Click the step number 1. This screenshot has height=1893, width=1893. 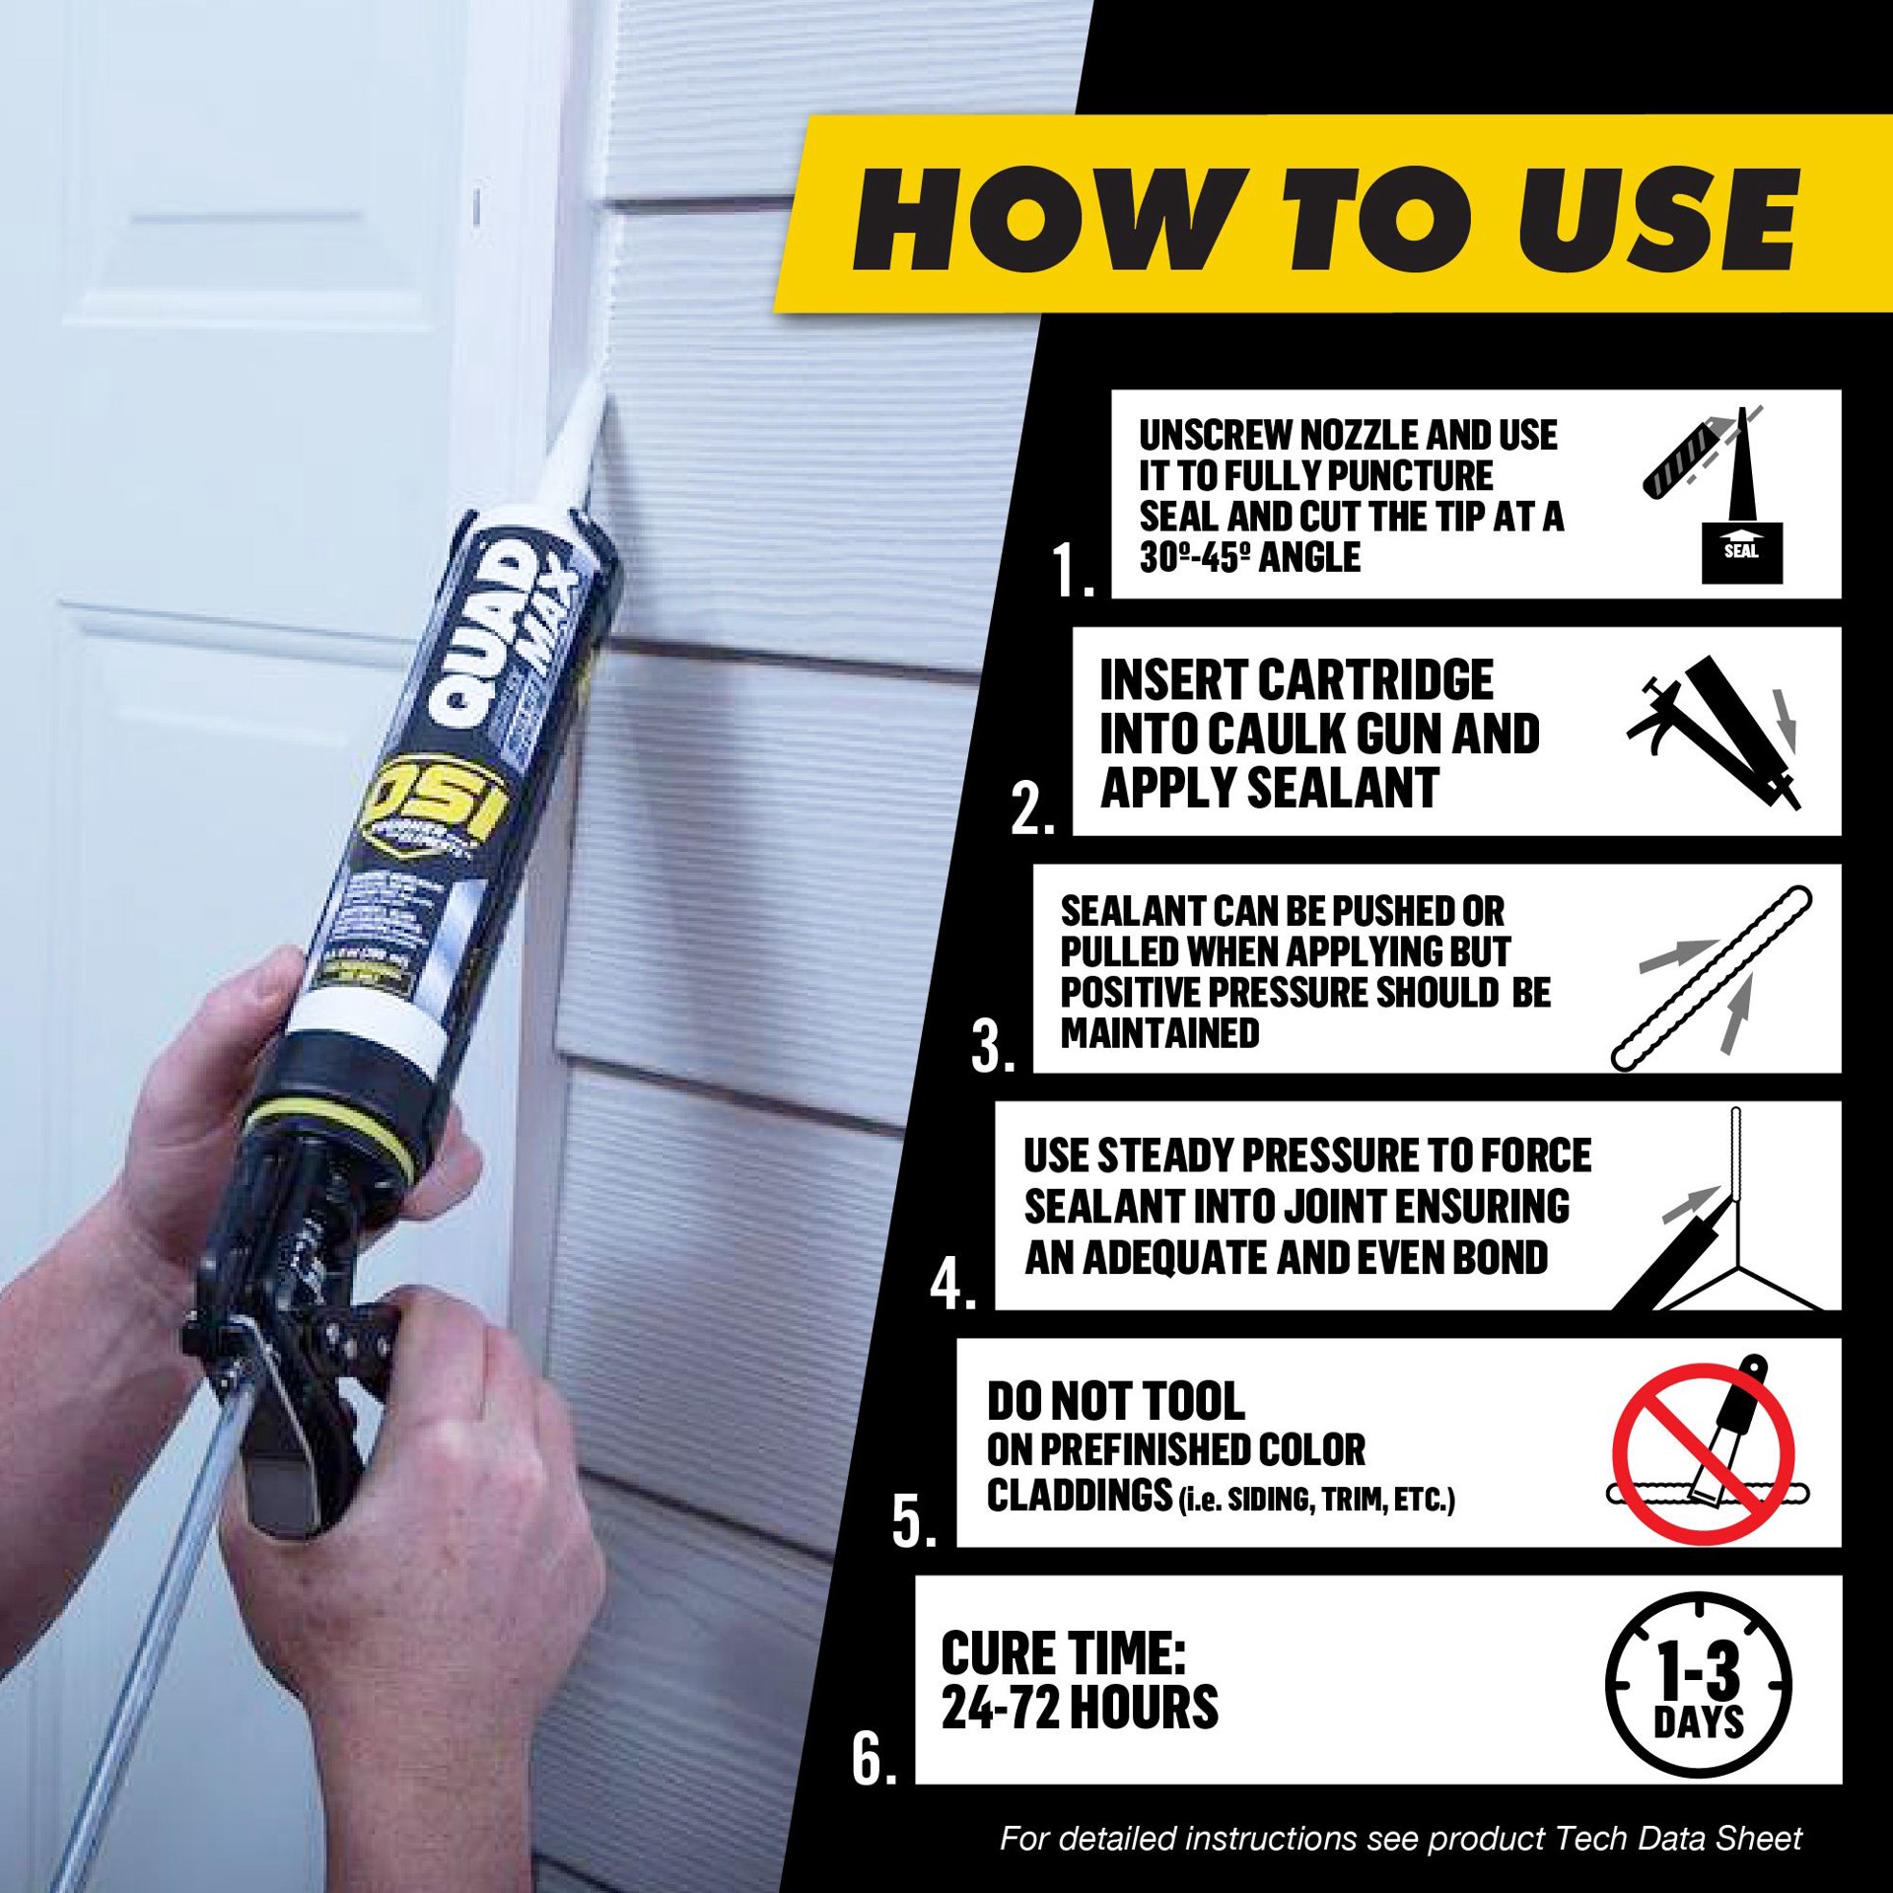pos(1073,570)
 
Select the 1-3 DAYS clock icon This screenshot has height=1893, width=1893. pos(1698,1688)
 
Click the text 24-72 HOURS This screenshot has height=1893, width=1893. pos(1080,1709)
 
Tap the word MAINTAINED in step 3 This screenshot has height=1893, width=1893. pos(1160,1033)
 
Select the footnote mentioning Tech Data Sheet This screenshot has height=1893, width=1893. pos(1400,1839)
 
